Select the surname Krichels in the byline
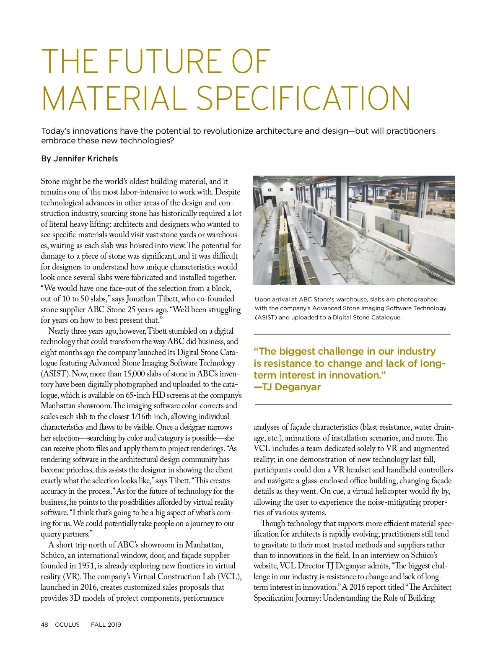[102, 159]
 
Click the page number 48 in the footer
[44, 625]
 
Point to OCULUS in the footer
[67, 625]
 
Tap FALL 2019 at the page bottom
[106, 625]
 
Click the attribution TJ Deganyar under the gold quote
[291, 387]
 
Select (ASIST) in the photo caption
[266, 317]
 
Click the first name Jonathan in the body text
[141, 299]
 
